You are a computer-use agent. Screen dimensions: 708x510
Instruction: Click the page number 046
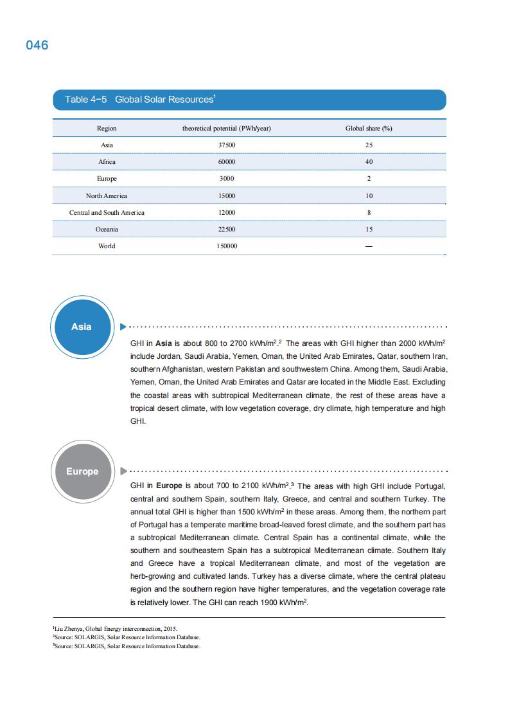click(37, 46)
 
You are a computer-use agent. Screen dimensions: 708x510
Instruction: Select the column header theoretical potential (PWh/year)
click(227, 129)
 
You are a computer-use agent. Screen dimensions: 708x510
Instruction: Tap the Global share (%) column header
click(369, 129)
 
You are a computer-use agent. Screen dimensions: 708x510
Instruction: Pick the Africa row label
click(107, 162)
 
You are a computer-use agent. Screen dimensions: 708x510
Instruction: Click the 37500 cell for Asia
click(227, 145)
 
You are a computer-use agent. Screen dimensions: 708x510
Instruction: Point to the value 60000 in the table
click(227, 162)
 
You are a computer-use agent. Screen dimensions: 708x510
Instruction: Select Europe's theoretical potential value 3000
click(227, 179)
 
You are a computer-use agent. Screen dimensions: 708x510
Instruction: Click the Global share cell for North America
click(369, 195)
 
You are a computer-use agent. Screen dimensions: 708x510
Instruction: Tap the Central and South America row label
click(107, 212)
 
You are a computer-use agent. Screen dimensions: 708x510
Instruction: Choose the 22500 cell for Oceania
click(227, 229)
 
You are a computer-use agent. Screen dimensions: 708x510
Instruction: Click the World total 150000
click(227, 246)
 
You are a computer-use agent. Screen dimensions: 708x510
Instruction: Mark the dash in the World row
click(369, 246)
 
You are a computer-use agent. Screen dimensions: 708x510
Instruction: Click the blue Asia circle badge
click(81, 327)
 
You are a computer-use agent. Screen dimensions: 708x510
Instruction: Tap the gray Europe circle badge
click(82, 471)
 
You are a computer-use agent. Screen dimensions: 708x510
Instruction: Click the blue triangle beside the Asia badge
click(123, 327)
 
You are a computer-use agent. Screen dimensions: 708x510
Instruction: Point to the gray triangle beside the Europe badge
click(123, 471)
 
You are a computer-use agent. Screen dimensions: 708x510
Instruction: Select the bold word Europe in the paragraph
click(169, 486)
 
